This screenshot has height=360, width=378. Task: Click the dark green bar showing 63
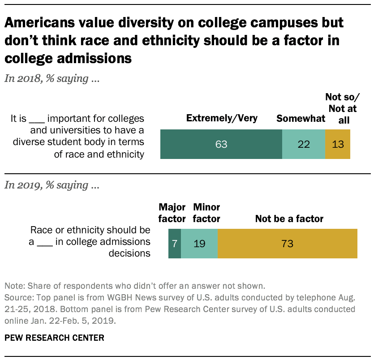221,144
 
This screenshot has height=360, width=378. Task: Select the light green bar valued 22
303,144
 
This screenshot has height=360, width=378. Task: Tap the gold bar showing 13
337,144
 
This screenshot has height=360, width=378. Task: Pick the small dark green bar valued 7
175,244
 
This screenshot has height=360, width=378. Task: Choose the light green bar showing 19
199,244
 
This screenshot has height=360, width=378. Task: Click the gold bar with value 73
287,244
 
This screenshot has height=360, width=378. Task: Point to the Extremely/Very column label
222,118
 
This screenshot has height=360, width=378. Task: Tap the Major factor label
172,213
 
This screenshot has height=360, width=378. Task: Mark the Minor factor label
206,213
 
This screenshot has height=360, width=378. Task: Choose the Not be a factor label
289,219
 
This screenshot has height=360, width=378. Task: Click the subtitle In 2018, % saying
52,79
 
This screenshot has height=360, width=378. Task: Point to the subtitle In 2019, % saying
52,185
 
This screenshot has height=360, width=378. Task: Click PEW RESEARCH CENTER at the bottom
54,338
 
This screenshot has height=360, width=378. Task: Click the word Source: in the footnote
17,297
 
